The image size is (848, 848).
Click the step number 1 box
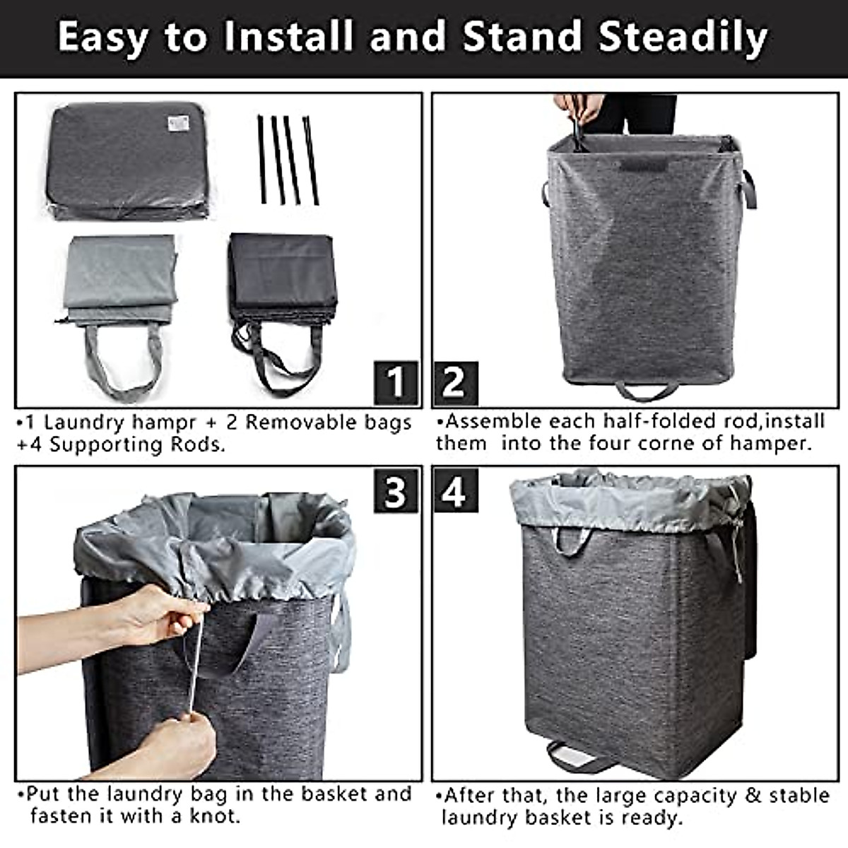click(x=396, y=382)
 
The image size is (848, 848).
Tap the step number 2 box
click(x=455, y=382)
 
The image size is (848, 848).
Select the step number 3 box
click(x=396, y=490)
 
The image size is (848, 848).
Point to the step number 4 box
click(x=455, y=490)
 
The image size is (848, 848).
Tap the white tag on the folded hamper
click(x=179, y=124)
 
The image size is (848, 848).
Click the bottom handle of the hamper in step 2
click(x=647, y=390)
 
